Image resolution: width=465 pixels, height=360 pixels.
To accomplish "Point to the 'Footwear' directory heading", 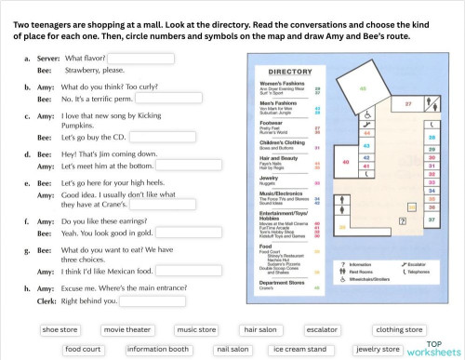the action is click(272, 122).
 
